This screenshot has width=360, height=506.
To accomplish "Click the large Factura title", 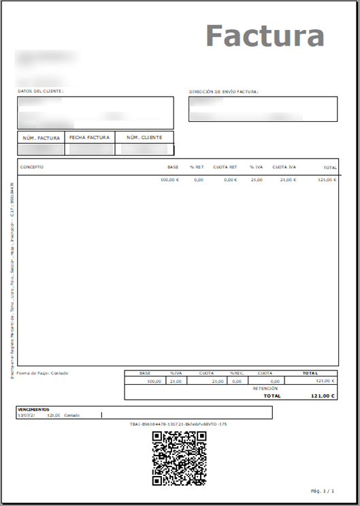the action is [265, 35].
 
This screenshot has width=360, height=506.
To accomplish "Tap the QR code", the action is [179, 458].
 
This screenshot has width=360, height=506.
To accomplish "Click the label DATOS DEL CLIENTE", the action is [41, 91].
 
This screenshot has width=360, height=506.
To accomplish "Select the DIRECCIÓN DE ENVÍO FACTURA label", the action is [224, 91].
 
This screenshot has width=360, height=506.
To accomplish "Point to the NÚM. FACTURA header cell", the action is [41, 138].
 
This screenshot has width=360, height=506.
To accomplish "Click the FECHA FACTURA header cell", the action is [90, 138].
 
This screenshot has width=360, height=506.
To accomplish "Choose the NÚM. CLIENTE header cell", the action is [144, 138].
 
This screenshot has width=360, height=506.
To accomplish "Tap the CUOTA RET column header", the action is [225, 167].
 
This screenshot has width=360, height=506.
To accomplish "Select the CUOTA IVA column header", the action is [284, 167].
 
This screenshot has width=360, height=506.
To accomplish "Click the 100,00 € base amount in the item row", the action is [169, 180].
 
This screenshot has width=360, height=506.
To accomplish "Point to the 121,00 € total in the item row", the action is [327, 180].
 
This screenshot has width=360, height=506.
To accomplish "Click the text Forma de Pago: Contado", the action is [42, 373].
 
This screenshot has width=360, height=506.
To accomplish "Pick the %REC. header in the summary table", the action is [237, 373].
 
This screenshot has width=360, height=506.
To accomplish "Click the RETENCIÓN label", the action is [265, 388].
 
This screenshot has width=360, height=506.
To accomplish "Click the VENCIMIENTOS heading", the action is [33, 410].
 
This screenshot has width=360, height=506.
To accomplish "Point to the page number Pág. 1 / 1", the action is [323, 490].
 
